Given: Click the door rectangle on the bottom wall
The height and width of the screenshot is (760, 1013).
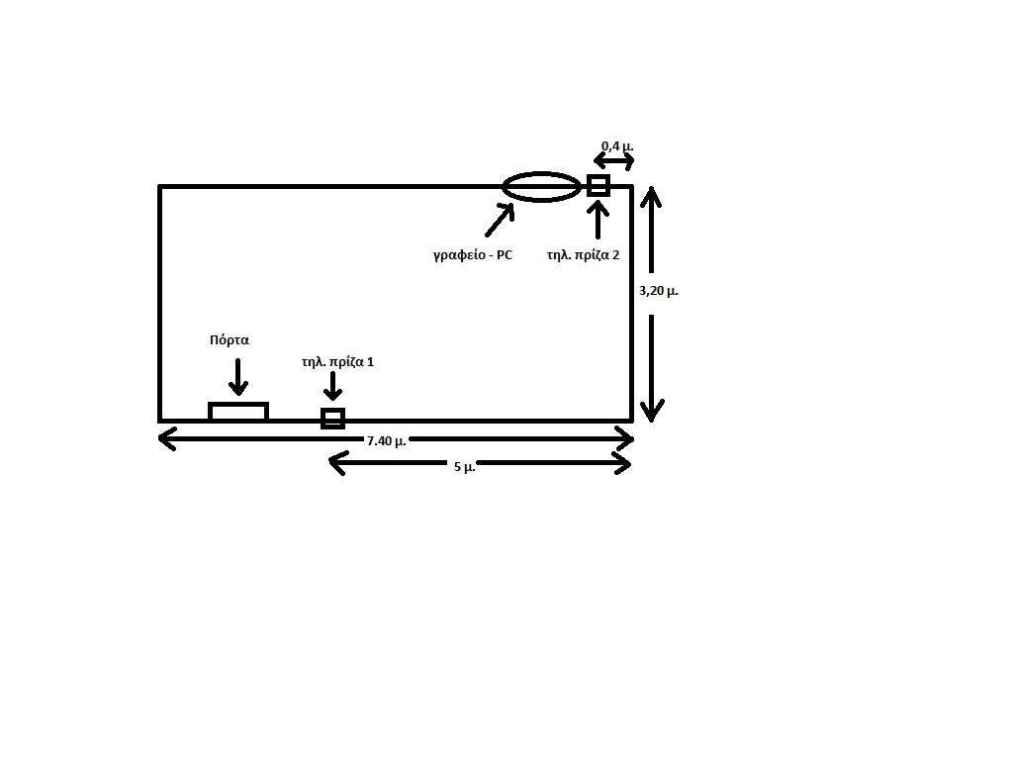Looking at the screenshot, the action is tap(238, 404).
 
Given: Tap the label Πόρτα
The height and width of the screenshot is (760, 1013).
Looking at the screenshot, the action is tap(230, 340).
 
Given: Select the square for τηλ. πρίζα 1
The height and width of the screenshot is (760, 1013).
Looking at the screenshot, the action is tap(332, 410).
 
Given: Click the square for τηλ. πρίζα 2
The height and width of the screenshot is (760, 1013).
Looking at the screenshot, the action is tap(599, 176).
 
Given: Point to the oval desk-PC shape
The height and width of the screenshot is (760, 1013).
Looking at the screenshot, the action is tap(541, 173).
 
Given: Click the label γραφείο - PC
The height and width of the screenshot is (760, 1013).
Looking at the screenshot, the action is tap(473, 254).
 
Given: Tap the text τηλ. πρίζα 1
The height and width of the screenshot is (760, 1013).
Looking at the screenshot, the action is tap(338, 362).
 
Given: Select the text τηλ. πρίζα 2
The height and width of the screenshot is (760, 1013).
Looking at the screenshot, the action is tap(584, 255).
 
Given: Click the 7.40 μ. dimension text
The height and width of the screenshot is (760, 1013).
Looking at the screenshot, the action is tap(387, 441).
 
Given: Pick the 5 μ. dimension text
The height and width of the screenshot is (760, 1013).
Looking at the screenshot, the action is tap(465, 467).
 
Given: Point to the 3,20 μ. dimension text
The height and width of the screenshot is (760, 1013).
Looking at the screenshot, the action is tap(658, 291).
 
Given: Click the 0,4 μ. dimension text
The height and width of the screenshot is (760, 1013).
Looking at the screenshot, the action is tap(617, 146).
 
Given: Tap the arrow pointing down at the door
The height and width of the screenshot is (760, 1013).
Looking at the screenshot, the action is tap(238, 377).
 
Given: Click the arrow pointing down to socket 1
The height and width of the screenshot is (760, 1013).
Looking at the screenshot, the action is tap(332, 386).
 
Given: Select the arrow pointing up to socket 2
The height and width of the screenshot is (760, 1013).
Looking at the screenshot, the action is tap(599, 220).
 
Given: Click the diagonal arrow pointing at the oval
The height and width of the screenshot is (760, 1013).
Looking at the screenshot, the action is tap(500, 221).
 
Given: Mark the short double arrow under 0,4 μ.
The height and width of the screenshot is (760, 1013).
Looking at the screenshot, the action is tap(613, 161).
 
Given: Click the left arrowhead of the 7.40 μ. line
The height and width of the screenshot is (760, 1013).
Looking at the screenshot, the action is tap(166, 438).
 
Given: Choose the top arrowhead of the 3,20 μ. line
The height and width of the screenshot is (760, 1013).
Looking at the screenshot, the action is tap(651, 196).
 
